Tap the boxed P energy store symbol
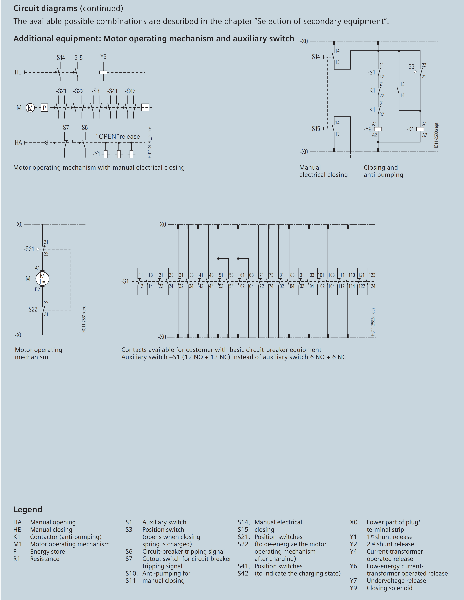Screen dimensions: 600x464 pyautogui.click(x=44, y=108)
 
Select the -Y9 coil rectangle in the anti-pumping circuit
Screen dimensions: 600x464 pyautogui.click(x=378, y=129)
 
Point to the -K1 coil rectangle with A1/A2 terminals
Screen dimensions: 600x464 pyautogui.click(x=420, y=129)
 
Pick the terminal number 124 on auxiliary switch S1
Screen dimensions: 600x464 pyautogui.click(x=372, y=286)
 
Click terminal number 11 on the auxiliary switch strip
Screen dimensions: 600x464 pyautogui.click(x=141, y=275)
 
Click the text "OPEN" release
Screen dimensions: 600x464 pyautogui.click(x=118, y=137)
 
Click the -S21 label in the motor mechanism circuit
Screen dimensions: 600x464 pyautogui.click(x=29, y=249)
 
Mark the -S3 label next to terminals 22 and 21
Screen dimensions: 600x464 pyautogui.click(x=411, y=67)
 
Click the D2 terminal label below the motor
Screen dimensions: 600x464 pyautogui.click(x=37, y=289)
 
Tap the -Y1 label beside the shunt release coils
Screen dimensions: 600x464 pyautogui.click(x=97, y=154)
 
